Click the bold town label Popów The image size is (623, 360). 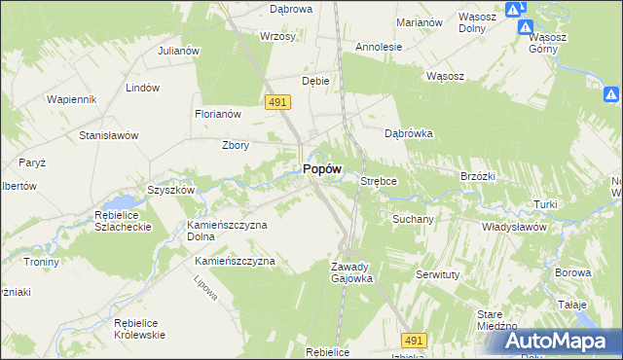click(x=321, y=168)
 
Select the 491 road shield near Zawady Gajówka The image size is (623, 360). click(x=414, y=340)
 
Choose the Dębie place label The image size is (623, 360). click(x=315, y=81)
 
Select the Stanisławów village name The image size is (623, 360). click(x=108, y=135)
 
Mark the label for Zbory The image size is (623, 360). click(x=237, y=146)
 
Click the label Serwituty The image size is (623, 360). click(x=437, y=275)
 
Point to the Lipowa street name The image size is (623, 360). click(x=203, y=286)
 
